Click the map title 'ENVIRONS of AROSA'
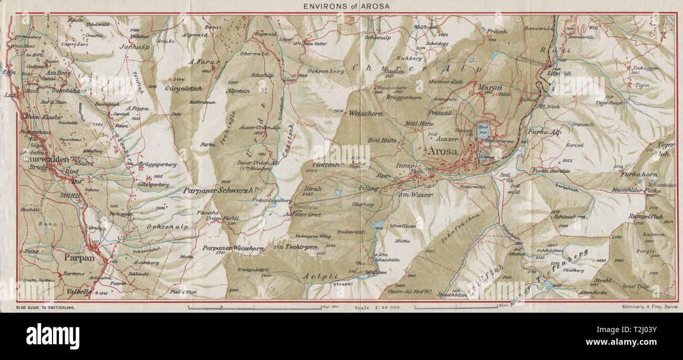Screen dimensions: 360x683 tap(341, 6)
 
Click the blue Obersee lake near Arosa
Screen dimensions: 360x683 tap(482, 130)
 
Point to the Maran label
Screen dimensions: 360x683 tap(490, 87)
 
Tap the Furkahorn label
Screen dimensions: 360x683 tap(639, 174)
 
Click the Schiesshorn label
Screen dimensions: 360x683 tap(568, 217)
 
